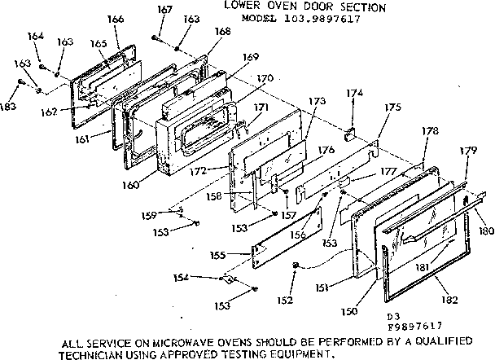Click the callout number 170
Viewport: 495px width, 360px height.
pos(265,78)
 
